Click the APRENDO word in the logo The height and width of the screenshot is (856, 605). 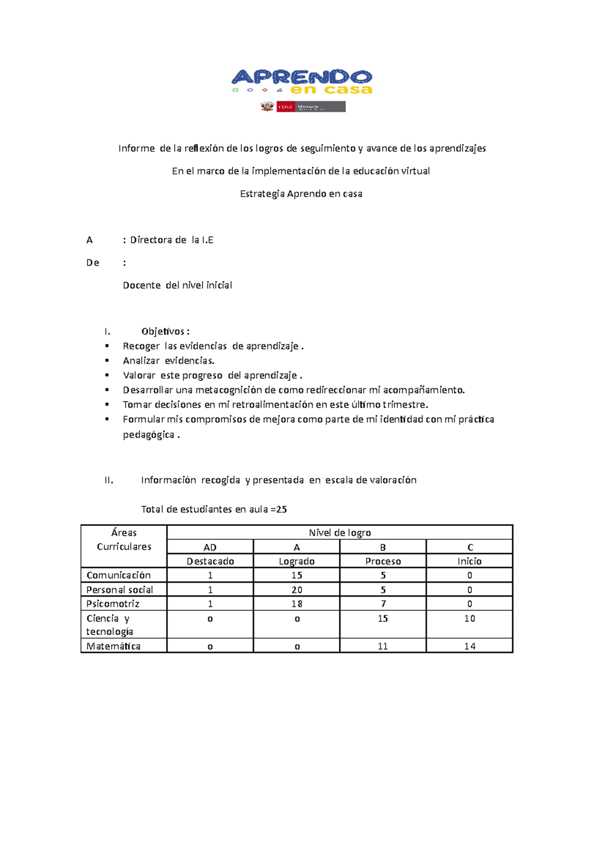click(x=301, y=77)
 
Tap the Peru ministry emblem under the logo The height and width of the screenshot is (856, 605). click(x=267, y=106)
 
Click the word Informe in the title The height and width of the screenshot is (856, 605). click(x=137, y=148)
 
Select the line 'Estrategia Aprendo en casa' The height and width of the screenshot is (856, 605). click(x=301, y=194)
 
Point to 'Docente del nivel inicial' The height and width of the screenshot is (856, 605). click(x=177, y=285)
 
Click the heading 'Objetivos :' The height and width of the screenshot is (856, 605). click(x=165, y=331)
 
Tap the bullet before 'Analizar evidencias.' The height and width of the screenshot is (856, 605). click(x=107, y=360)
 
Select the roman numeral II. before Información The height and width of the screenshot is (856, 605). click(x=109, y=480)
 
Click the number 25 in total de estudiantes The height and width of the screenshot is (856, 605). click(x=281, y=509)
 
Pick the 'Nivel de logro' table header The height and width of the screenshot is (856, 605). click(x=340, y=533)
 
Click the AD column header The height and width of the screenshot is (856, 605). click(x=210, y=547)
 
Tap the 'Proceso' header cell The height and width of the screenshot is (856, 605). click(x=383, y=561)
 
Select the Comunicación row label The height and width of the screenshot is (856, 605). click(x=118, y=575)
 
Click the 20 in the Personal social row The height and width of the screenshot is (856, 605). click(x=297, y=590)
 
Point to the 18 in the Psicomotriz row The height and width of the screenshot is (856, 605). click(x=297, y=604)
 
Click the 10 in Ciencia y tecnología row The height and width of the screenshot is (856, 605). click(x=469, y=619)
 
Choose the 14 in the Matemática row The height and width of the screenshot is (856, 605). click(x=469, y=646)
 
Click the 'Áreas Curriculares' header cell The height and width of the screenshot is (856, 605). click(x=124, y=540)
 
